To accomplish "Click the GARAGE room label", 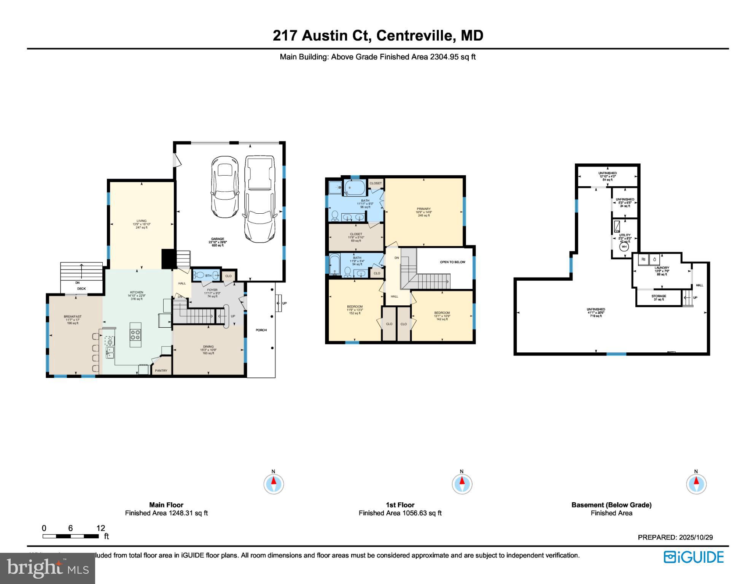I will pyautogui.click(x=218, y=239).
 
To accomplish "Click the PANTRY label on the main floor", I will pyautogui.click(x=161, y=371).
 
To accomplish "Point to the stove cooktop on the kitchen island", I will pyautogui.click(x=135, y=335).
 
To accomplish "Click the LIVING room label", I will pyautogui.click(x=142, y=221).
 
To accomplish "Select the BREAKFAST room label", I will pyautogui.click(x=73, y=316).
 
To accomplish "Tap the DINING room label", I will pyautogui.click(x=208, y=346).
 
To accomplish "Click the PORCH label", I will pyautogui.click(x=261, y=330).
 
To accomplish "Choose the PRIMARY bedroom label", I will pyautogui.click(x=423, y=209).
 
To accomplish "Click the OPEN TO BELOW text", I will pyautogui.click(x=452, y=262).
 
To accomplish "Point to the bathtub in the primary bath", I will pyautogui.click(x=355, y=187).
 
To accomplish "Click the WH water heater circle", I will pyautogui.click(x=624, y=247).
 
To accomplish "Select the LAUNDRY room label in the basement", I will pyautogui.click(x=662, y=268).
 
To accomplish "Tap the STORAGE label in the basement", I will pyautogui.click(x=659, y=296).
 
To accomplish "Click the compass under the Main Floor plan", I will pyautogui.click(x=274, y=484).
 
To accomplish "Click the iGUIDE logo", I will pyautogui.click(x=694, y=557).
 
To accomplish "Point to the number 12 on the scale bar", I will pyautogui.click(x=100, y=528).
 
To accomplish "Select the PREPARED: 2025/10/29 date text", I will pyautogui.click(x=675, y=537).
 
